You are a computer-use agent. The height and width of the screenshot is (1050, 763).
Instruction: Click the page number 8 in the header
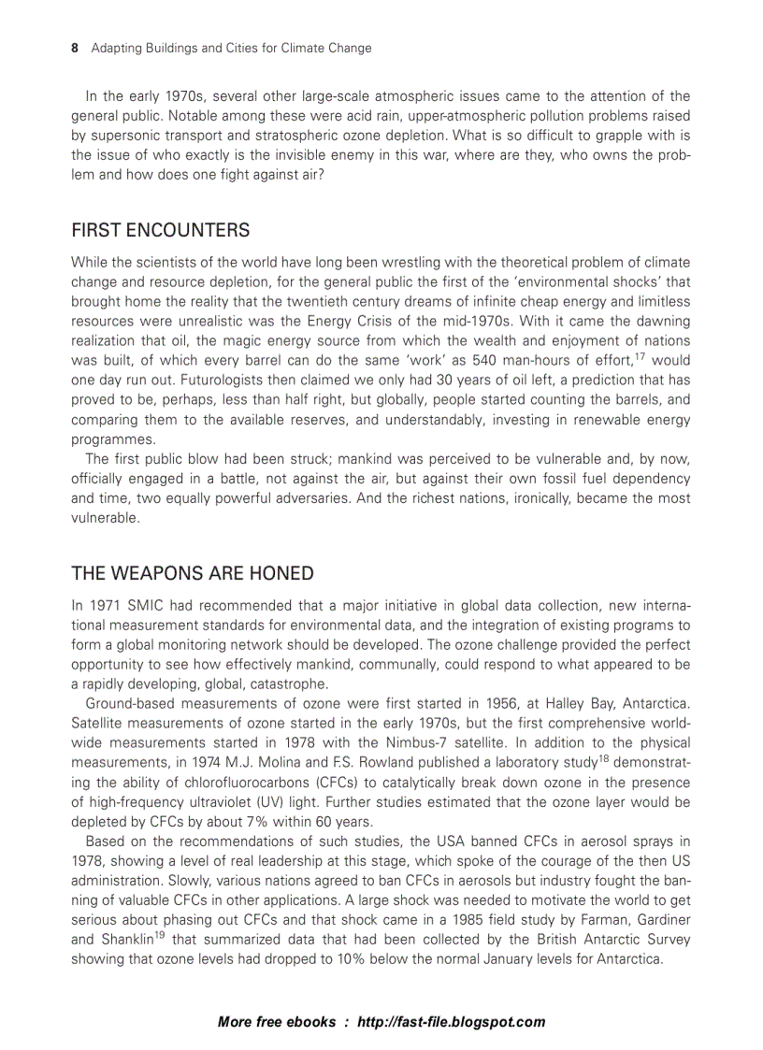click(75, 48)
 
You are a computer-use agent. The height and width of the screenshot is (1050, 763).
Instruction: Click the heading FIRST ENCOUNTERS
click(160, 230)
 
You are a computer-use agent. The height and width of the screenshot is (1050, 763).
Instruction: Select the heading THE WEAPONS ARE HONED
click(192, 573)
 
